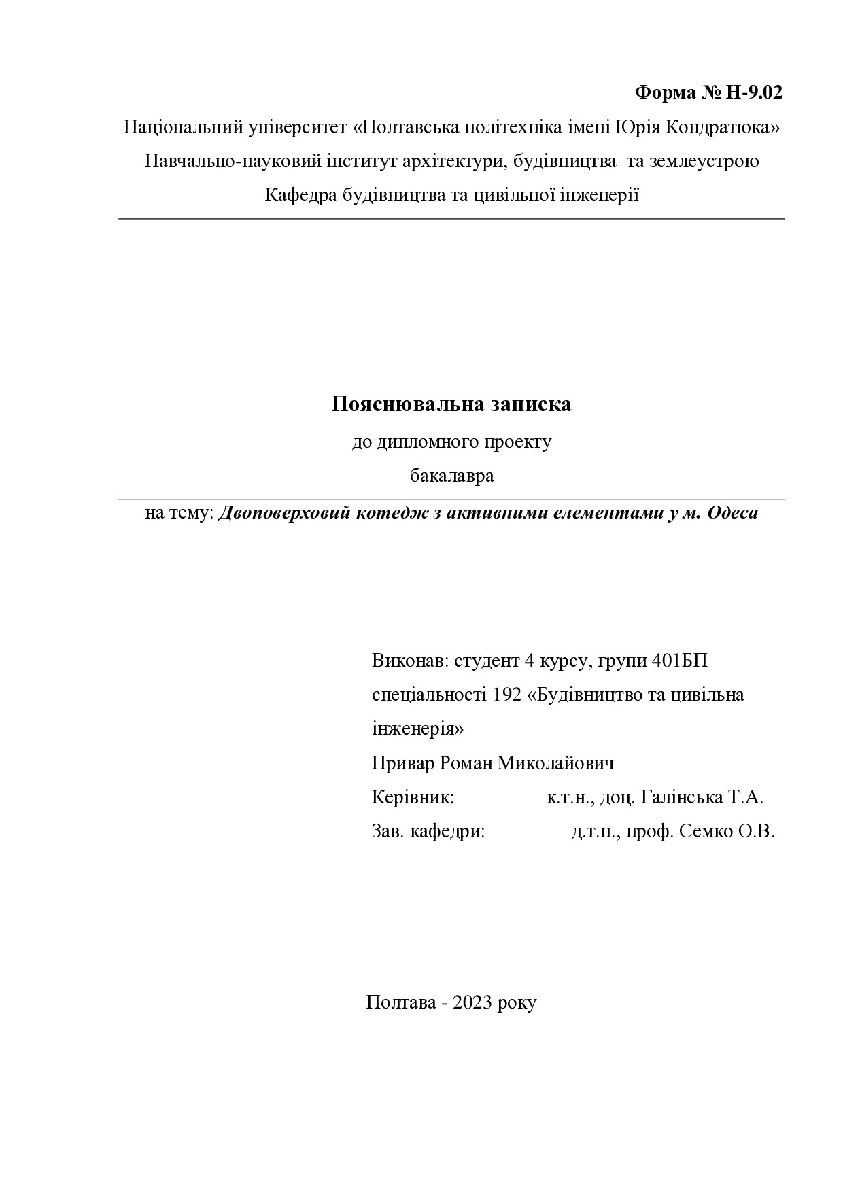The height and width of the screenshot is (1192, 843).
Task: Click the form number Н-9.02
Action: (x=754, y=92)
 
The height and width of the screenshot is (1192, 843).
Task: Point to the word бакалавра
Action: (x=451, y=476)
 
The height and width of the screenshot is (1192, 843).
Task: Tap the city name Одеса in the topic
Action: (x=733, y=512)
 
